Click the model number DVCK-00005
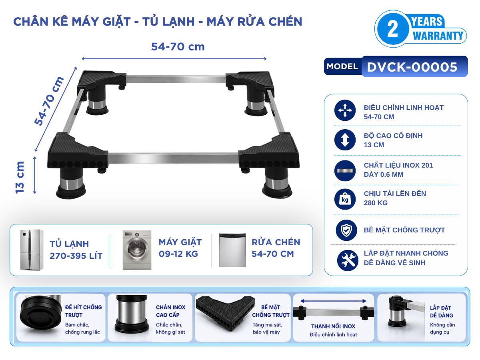(x=412, y=67)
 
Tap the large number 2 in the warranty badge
(x=392, y=29)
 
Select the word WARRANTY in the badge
(x=438, y=36)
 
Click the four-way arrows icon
(x=345, y=110)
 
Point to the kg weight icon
(x=345, y=199)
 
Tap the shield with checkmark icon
(x=346, y=230)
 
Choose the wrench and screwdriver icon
(x=348, y=260)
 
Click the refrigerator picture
(x=32, y=250)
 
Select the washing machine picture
(x=137, y=250)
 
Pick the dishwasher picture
(x=232, y=250)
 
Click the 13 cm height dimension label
(x=20, y=177)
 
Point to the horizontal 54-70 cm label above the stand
(x=178, y=47)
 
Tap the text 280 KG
(x=376, y=203)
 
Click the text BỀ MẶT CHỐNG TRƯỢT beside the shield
(x=404, y=230)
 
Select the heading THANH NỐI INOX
(x=333, y=326)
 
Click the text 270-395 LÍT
(x=76, y=256)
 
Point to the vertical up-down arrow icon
(x=345, y=140)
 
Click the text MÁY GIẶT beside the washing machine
(x=180, y=242)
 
